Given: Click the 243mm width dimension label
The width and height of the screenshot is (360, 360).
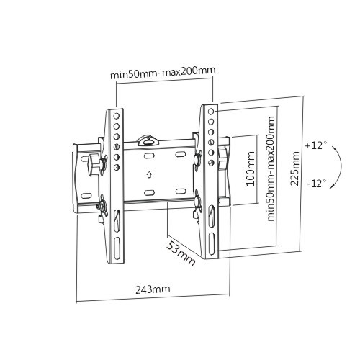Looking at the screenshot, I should coord(151,289).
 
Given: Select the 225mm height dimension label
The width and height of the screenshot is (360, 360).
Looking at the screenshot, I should coord(296,168).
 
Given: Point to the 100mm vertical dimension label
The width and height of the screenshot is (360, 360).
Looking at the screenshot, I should coord(250,168).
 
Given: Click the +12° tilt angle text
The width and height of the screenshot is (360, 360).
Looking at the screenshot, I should coord(315,145).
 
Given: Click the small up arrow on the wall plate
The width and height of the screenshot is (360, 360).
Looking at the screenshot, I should coord(149,174).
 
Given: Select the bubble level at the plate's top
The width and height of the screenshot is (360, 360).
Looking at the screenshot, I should coord(149,135).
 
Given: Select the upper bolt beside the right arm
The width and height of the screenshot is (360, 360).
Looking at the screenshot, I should coord(197,156).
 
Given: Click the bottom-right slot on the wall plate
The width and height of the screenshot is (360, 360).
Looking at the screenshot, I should coord(177,192).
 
